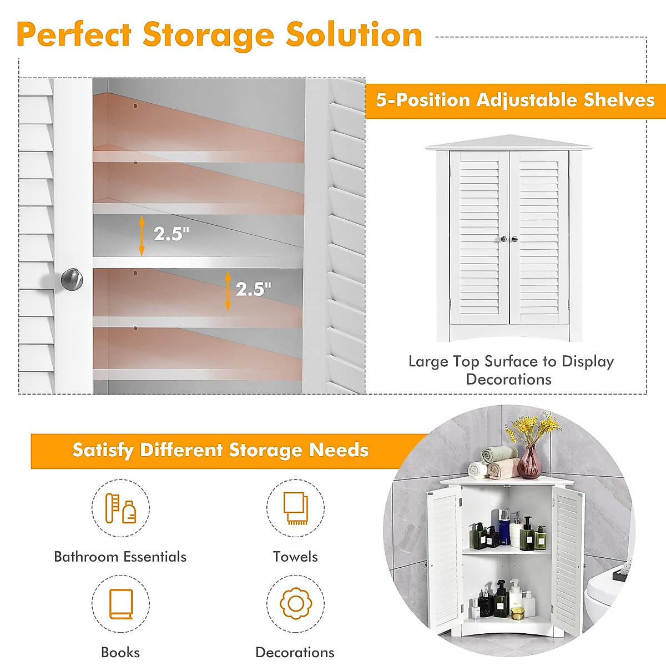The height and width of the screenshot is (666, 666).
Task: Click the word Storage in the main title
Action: pos(208,36)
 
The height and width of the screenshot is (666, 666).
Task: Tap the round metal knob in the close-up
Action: pos(72,279)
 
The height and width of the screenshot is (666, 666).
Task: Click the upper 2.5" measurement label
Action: pos(171,234)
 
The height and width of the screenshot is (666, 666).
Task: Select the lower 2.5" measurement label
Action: pos(253,289)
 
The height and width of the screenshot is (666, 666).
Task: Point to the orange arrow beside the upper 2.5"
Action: pos(142,236)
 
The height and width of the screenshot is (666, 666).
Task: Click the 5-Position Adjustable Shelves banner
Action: pos(515,100)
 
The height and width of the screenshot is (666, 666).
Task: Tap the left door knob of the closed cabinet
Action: pos(503,239)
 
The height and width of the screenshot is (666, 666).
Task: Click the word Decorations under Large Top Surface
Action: pos(508,380)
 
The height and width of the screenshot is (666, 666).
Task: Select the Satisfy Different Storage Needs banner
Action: pos(220,450)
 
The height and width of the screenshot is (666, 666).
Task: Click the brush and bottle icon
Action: pos(120,508)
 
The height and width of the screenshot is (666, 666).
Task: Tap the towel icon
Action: pos(295,508)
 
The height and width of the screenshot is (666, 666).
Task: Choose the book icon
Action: pos(120,604)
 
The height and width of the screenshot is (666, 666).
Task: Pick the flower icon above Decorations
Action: pos(295,603)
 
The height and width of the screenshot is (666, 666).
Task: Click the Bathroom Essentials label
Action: pos(120,557)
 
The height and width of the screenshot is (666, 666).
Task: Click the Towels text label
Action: pos(295,557)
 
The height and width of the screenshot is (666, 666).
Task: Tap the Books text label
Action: pos(120,652)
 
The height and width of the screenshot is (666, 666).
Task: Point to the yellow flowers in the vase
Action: pos(531,426)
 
